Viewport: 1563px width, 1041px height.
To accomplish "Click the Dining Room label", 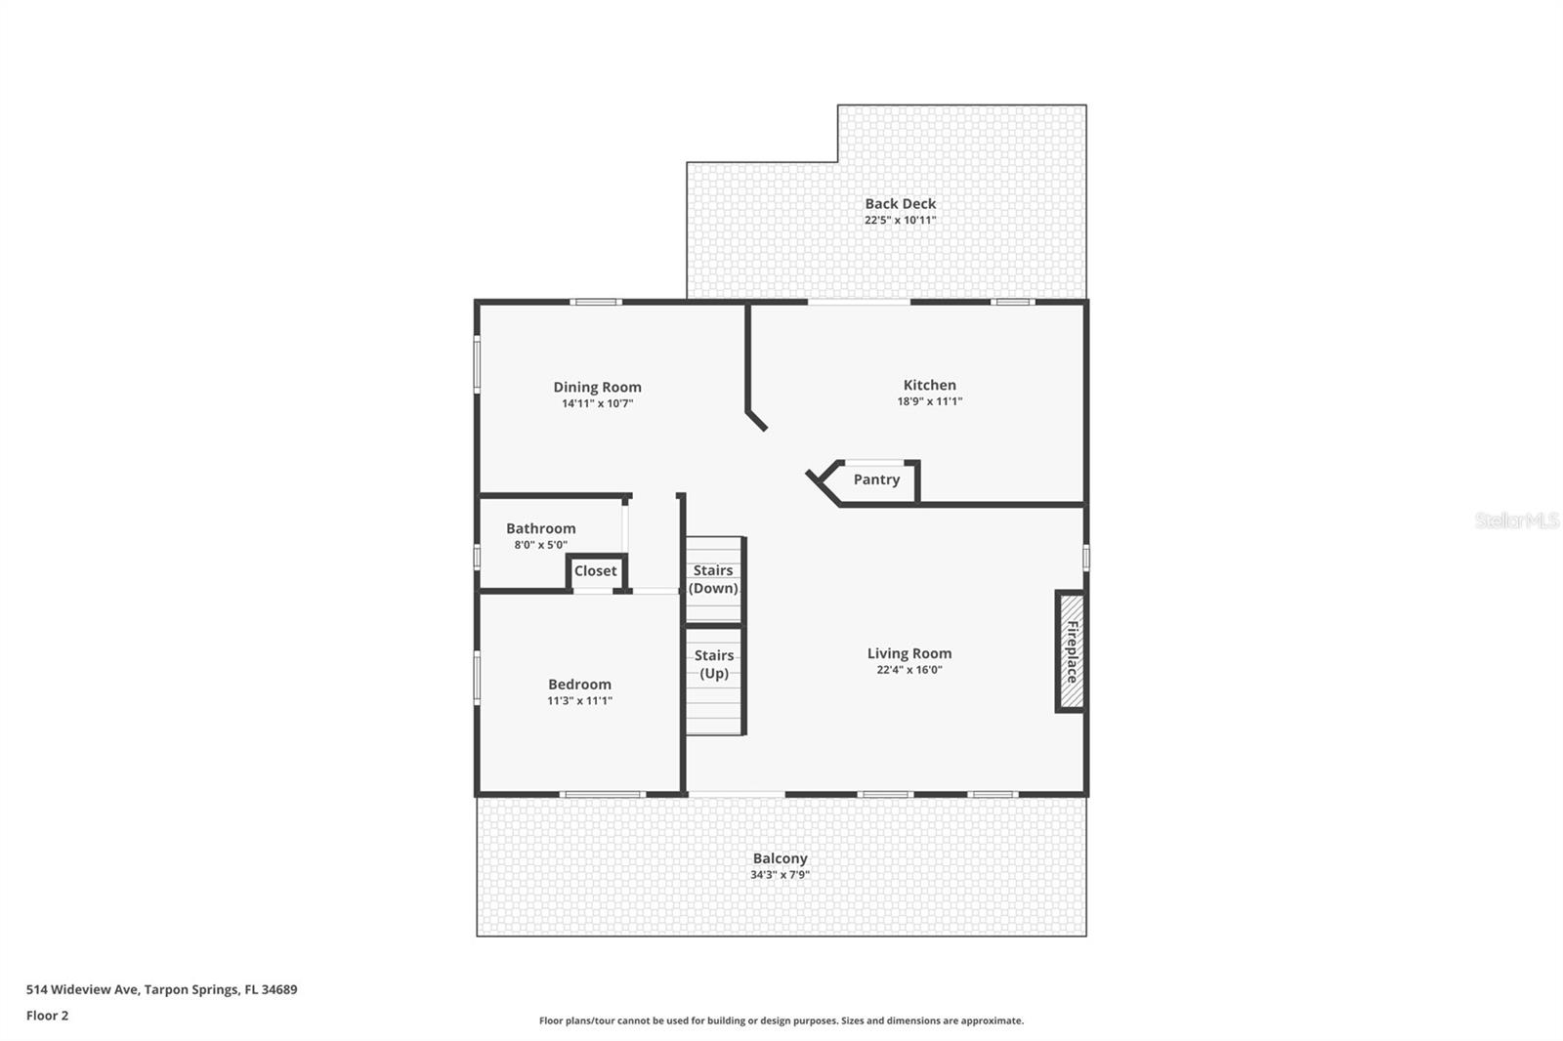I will pos(597,387).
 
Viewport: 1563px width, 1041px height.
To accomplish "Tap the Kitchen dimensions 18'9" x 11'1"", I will pos(929,401).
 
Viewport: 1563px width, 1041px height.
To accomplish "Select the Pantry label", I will pos(876,479).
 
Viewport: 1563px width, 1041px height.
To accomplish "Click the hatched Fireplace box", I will pos(1071,651).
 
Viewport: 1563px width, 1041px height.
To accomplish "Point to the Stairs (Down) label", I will pos(713,579).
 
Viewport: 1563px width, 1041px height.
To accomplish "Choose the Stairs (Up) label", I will pos(714,664).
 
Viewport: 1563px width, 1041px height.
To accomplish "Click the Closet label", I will pos(595,571).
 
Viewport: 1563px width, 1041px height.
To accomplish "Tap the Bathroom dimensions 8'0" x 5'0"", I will pos(540,545).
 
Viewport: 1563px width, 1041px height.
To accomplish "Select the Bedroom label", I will pos(579,685).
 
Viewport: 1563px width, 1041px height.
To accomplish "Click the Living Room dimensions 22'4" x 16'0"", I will pos(908,670).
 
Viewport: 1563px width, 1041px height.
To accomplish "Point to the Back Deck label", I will pos(900,203).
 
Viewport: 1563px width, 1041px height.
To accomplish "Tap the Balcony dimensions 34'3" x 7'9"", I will pos(780,875).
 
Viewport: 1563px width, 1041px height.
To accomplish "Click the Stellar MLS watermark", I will pos(1516,520).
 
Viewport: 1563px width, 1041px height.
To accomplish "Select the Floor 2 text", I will pos(47,1016).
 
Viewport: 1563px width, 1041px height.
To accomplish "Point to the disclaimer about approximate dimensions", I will pos(781,1020).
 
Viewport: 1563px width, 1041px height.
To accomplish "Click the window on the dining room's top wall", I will pos(596,302).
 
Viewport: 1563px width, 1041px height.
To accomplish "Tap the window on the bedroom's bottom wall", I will pos(602,794).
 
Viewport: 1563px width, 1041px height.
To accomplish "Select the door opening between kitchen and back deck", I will pos(859,302).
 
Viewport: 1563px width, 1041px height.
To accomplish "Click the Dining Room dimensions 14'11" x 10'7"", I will pos(597,403).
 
